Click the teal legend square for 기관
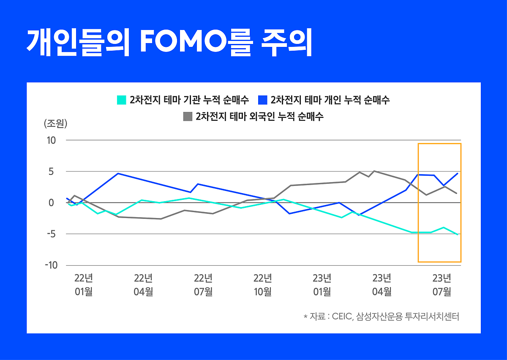click(x=121, y=100)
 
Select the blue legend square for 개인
click(x=262, y=100)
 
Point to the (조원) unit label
click(x=55, y=123)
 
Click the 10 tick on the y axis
click(x=51, y=140)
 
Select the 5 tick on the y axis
click(x=51, y=172)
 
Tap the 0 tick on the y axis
click(x=51, y=203)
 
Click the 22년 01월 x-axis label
click(x=83, y=285)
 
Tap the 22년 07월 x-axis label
click(x=203, y=285)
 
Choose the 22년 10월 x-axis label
click(x=262, y=285)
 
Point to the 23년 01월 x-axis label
click(x=322, y=285)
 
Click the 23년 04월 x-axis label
click(x=382, y=285)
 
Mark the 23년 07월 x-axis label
click(x=442, y=285)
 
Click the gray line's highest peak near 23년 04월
click(x=374, y=171)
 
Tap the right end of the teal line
click(x=458, y=235)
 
